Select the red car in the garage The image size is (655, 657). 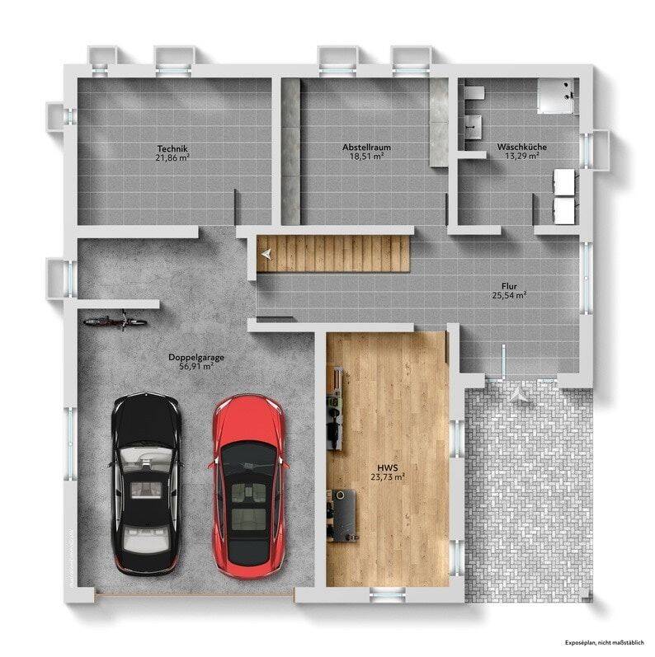[x=249, y=486]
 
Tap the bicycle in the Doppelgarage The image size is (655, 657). [x=115, y=321]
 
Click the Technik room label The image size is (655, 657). [x=172, y=148]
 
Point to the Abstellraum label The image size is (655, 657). [x=366, y=148]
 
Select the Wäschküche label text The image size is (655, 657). [x=521, y=147]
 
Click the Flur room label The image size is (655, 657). [x=509, y=286]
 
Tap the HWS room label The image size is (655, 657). [x=388, y=468]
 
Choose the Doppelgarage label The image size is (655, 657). [x=196, y=358]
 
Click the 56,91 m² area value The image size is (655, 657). [x=196, y=367]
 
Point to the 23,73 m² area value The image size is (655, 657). [x=388, y=476]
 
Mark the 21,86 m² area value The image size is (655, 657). [x=172, y=158]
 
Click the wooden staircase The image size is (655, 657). [x=333, y=253]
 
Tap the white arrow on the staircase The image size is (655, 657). [x=266, y=254]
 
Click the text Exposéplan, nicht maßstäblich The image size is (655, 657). [x=604, y=643]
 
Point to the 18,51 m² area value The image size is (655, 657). [x=366, y=157]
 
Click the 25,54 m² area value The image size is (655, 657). [x=509, y=295]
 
